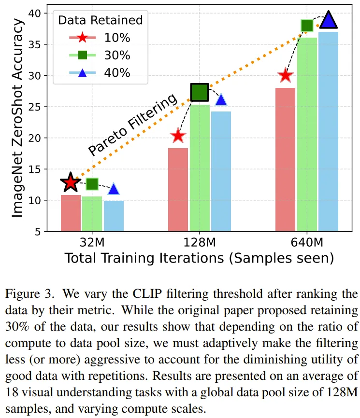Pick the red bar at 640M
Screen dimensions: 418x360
click(285, 159)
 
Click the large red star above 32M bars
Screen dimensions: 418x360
click(71, 182)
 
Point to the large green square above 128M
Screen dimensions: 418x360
click(200, 92)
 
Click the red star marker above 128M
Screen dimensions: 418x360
click(178, 136)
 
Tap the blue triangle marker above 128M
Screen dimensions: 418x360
click(221, 100)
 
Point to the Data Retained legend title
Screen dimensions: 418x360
click(100, 20)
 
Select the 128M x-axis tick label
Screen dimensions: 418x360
click(200, 241)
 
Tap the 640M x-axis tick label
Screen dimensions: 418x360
click(307, 241)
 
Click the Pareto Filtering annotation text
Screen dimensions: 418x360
click(132, 126)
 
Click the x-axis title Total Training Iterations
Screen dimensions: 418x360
click(199, 258)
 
